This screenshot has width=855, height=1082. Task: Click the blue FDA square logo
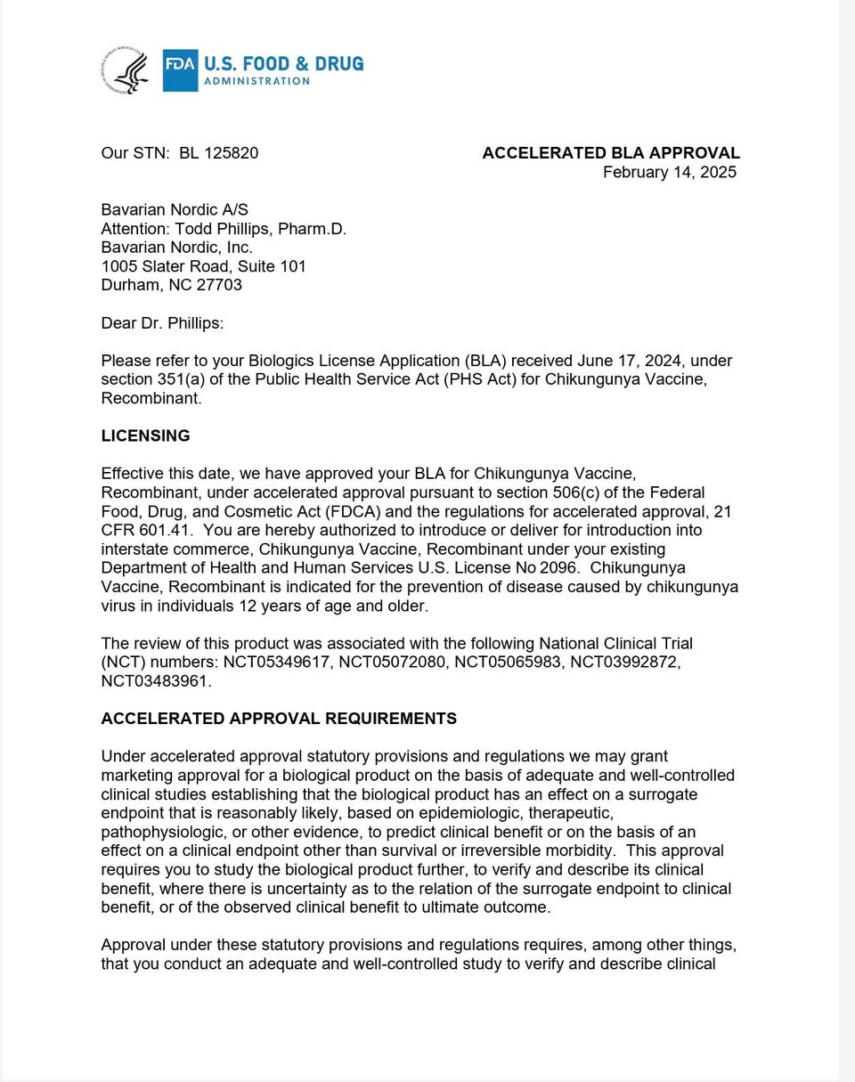pyautogui.click(x=180, y=70)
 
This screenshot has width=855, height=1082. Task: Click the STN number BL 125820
pyautogui.click(x=218, y=153)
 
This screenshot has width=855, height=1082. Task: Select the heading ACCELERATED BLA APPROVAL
pyautogui.click(x=611, y=153)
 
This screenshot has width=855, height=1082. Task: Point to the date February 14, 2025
pyautogui.click(x=669, y=173)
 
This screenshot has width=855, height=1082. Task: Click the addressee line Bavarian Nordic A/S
pyautogui.click(x=175, y=210)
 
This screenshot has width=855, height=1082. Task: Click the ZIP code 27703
pyautogui.click(x=219, y=285)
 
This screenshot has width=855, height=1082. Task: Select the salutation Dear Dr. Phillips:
pyautogui.click(x=162, y=323)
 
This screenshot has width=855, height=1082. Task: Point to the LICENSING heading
pyautogui.click(x=145, y=436)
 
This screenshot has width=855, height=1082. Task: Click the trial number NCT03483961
pyautogui.click(x=156, y=680)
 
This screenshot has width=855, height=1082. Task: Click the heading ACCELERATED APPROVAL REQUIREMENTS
pyautogui.click(x=279, y=719)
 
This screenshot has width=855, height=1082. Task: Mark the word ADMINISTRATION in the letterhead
pyautogui.click(x=256, y=81)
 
